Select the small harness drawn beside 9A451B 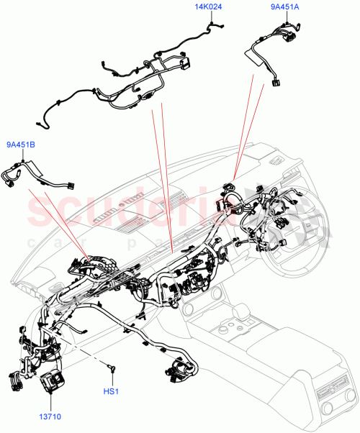36,177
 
